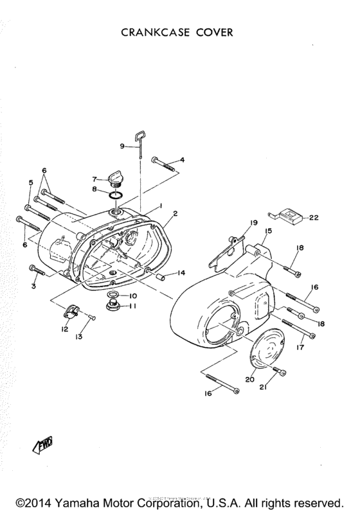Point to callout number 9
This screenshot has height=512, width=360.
point(122,146)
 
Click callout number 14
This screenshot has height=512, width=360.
point(182,272)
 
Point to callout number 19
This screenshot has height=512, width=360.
point(253,222)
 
